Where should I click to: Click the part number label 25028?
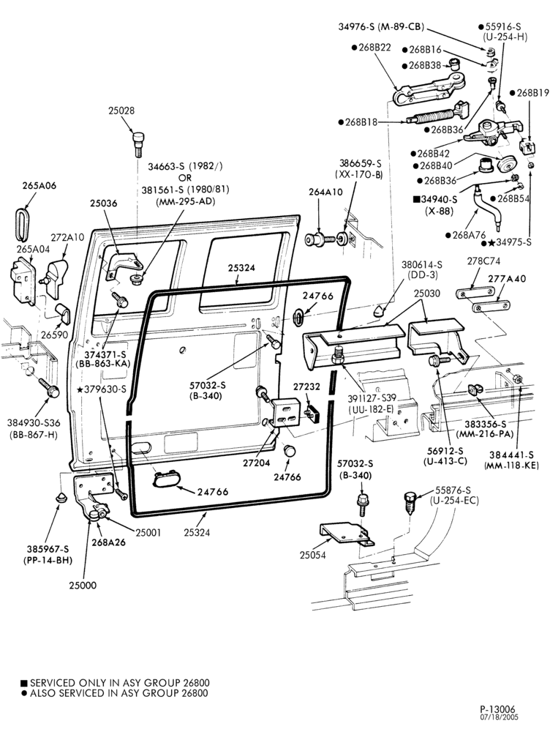(121, 111)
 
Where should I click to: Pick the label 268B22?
(374, 47)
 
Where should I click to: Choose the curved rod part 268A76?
(485, 207)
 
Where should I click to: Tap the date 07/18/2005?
(500, 717)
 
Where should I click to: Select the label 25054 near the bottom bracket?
(312, 555)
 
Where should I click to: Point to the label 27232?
(306, 386)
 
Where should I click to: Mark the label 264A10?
(325, 192)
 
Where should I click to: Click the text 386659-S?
(360, 163)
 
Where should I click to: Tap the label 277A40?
(507, 278)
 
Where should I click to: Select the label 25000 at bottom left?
(83, 586)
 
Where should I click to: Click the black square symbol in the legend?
(24, 683)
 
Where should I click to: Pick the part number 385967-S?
(48, 549)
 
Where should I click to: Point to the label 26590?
(55, 335)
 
